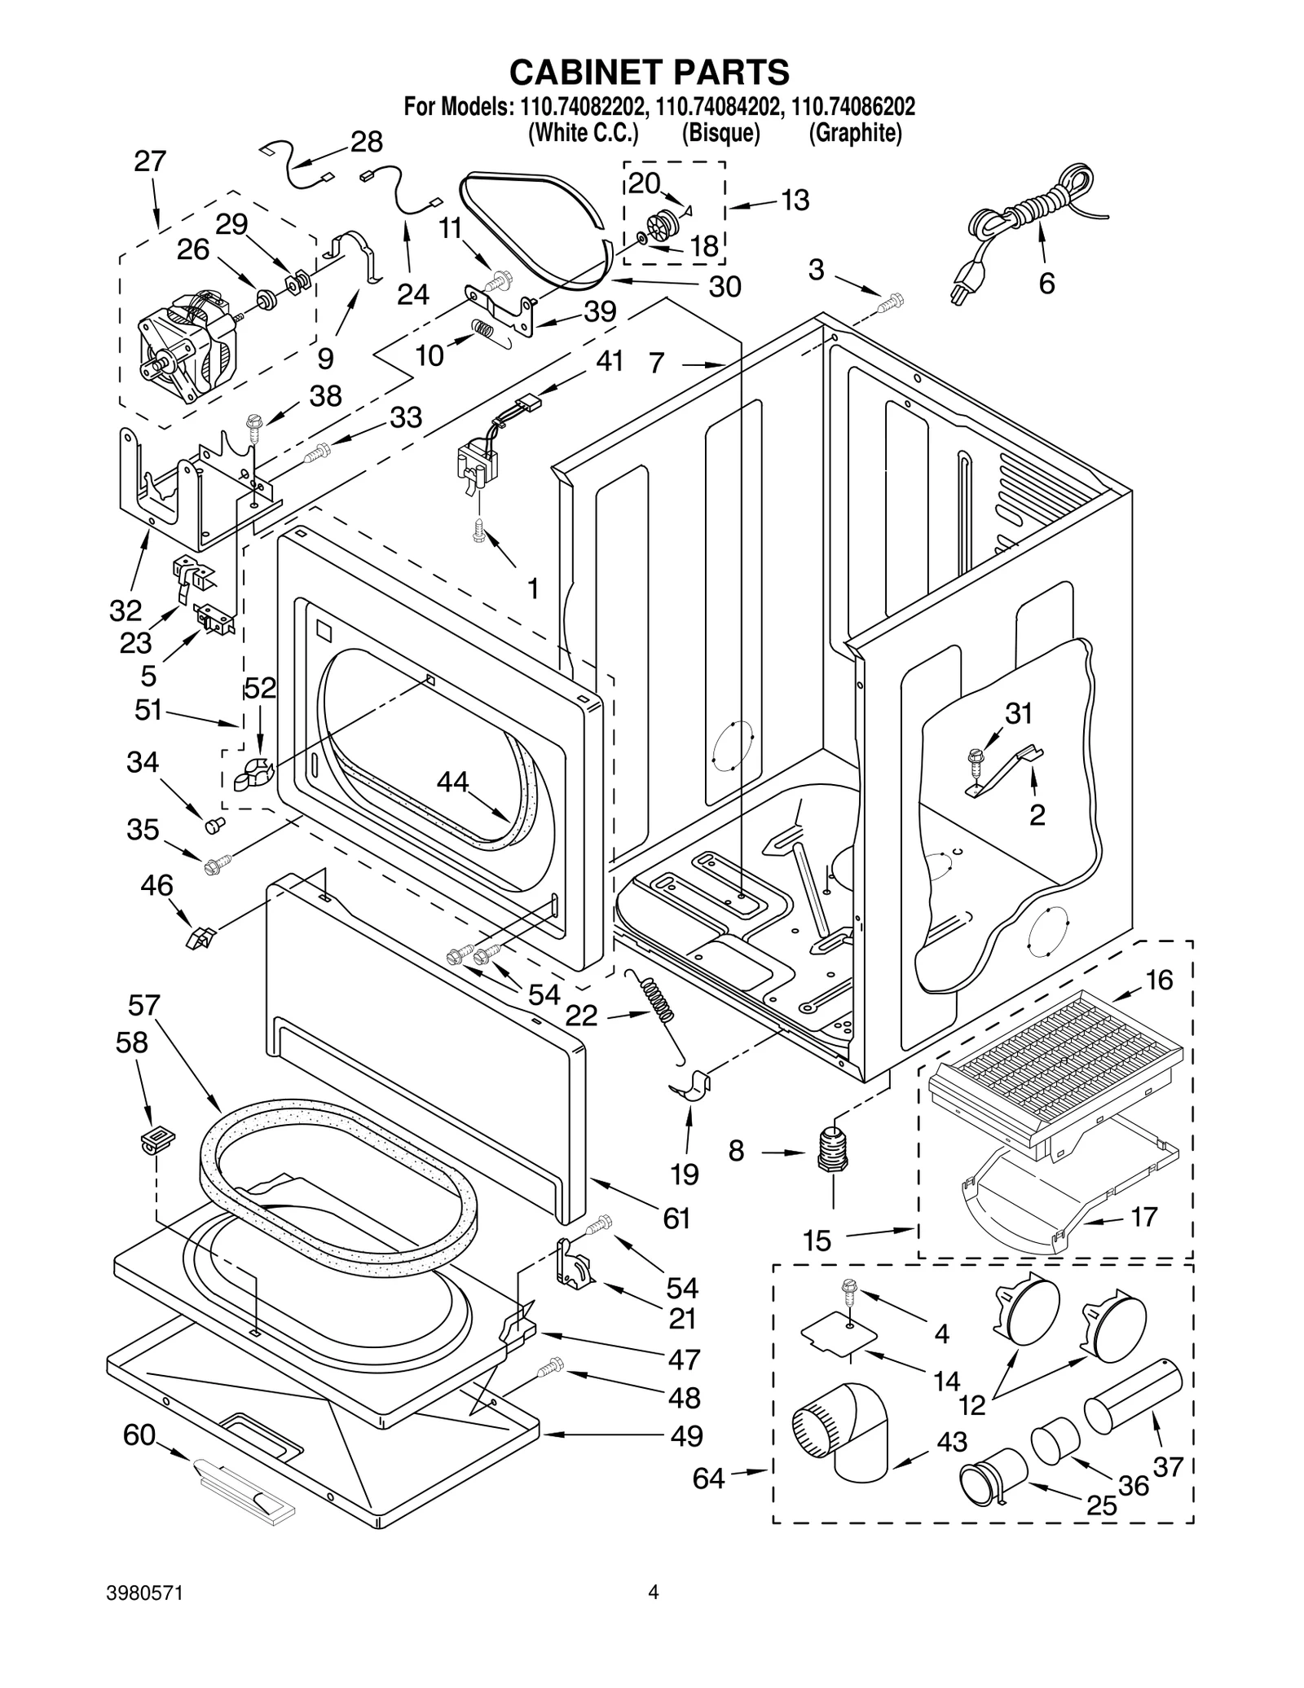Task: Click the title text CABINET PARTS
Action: pos(649,72)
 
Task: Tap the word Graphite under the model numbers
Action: pos(855,133)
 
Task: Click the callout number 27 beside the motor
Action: pos(150,161)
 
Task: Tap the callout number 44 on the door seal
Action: pos(453,782)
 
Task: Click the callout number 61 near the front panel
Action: pos(676,1219)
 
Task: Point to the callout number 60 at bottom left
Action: pos(139,1435)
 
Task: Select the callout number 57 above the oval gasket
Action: pos(143,1006)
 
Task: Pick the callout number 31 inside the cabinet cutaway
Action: pos(1018,714)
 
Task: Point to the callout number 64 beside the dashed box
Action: pos(708,1478)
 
